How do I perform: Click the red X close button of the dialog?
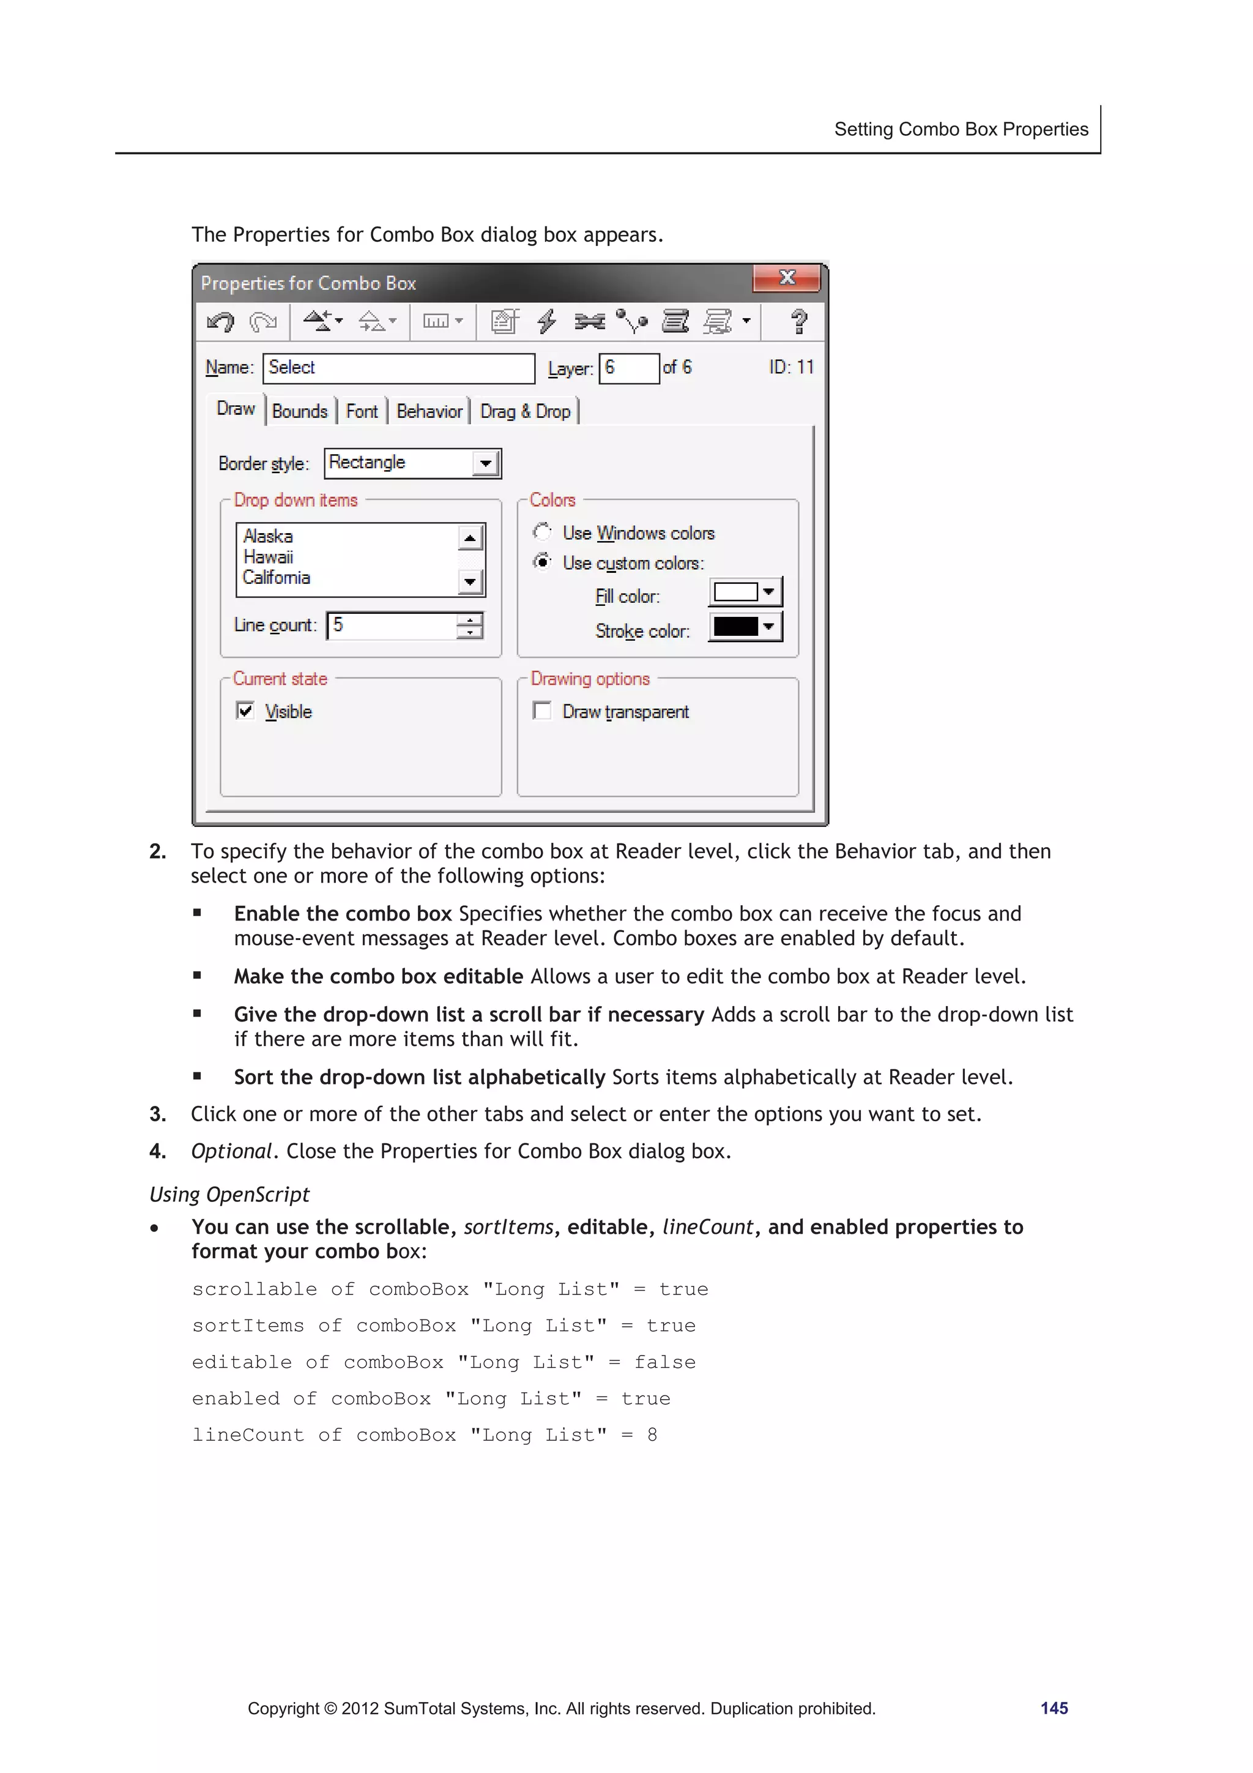pos(786,278)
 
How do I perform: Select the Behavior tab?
pos(429,412)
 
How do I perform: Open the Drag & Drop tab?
pos(525,412)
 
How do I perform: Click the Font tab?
pos(362,412)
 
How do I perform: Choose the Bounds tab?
pos(300,412)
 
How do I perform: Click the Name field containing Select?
pos(398,368)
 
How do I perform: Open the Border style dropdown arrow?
pos(486,463)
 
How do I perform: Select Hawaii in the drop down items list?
pos(269,557)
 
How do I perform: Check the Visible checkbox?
pos(245,711)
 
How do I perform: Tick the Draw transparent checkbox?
pos(543,711)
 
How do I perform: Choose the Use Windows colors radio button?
pos(543,532)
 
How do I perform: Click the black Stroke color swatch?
pos(736,626)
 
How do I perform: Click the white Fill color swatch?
pos(736,592)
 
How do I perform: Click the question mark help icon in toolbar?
pos(799,321)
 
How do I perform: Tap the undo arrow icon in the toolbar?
pos(221,321)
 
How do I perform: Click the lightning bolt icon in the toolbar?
pos(546,321)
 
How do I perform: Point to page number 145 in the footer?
pos(1054,1708)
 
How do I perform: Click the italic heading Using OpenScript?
pos(229,1195)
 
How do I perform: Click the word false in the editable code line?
pos(664,1362)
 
